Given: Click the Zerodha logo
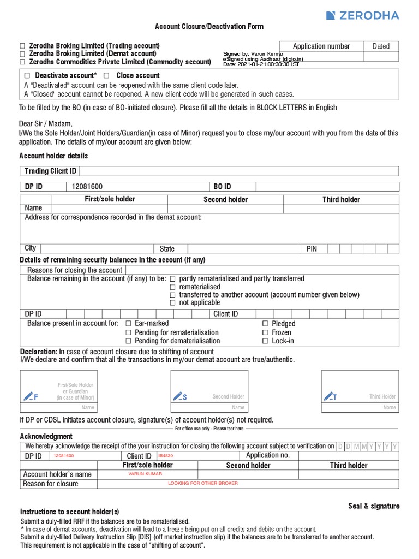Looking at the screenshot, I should (x=362, y=15).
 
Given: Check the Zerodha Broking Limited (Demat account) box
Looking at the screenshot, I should (x=22, y=54).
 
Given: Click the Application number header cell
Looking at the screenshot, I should (x=321, y=46).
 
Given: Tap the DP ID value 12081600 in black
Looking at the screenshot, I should (x=87, y=187).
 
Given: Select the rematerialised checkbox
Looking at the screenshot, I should (x=172, y=287).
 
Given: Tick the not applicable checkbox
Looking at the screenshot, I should (x=172, y=302).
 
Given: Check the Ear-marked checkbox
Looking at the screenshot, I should (x=129, y=324).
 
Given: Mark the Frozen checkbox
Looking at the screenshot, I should (x=265, y=332).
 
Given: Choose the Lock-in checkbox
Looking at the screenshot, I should (x=265, y=341).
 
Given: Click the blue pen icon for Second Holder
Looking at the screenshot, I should (x=179, y=396).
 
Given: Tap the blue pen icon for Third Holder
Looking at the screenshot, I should (x=330, y=396).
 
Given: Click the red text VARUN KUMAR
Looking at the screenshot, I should (x=145, y=474).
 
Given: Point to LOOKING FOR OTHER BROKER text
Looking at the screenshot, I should (x=203, y=483).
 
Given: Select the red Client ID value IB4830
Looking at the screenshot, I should (x=165, y=455).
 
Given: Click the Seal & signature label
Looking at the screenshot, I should (x=374, y=506).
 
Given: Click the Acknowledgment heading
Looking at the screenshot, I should (x=46, y=436).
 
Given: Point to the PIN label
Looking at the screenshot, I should (x=312, y=249).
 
